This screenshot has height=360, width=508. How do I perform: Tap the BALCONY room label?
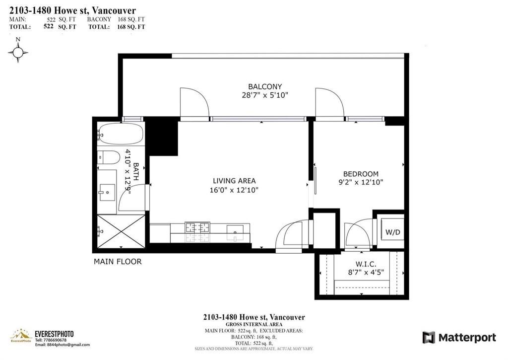coord(265,86)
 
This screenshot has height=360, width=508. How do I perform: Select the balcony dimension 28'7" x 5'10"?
coord(265,95)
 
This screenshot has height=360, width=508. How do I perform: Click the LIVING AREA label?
coord(234,181)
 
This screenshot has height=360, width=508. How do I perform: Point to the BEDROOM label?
coord(361,174)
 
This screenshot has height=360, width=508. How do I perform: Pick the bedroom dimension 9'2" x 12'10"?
coord(361,182)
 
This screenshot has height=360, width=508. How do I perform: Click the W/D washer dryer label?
coord(393,232)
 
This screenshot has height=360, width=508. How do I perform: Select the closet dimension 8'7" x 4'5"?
coord(366,273)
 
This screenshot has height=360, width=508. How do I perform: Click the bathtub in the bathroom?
coord(121,134)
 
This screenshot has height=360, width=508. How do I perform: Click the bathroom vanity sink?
coord(107,193)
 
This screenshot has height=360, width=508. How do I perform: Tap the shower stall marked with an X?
coord(121,231)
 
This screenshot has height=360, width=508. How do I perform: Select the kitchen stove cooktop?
coord(197,227)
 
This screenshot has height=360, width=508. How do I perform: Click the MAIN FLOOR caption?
coord(118,261)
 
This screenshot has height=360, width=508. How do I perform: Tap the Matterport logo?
coord(459,338)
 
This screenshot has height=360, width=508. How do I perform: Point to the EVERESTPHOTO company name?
coord(54,334)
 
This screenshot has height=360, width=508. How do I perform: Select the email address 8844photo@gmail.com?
coord(63,345)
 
